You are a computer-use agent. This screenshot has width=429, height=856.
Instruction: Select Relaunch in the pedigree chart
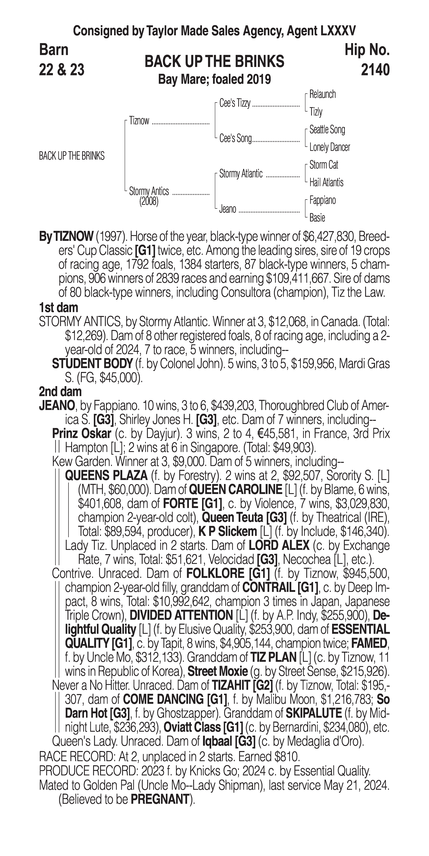[322, 94]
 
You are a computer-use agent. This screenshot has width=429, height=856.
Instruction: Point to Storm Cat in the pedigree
[324, 165]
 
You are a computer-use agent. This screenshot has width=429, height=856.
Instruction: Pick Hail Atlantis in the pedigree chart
[326, 182]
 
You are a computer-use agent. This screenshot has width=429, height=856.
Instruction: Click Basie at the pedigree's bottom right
[317, 218]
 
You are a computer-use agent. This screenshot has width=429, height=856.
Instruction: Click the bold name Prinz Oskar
[82, 434]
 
